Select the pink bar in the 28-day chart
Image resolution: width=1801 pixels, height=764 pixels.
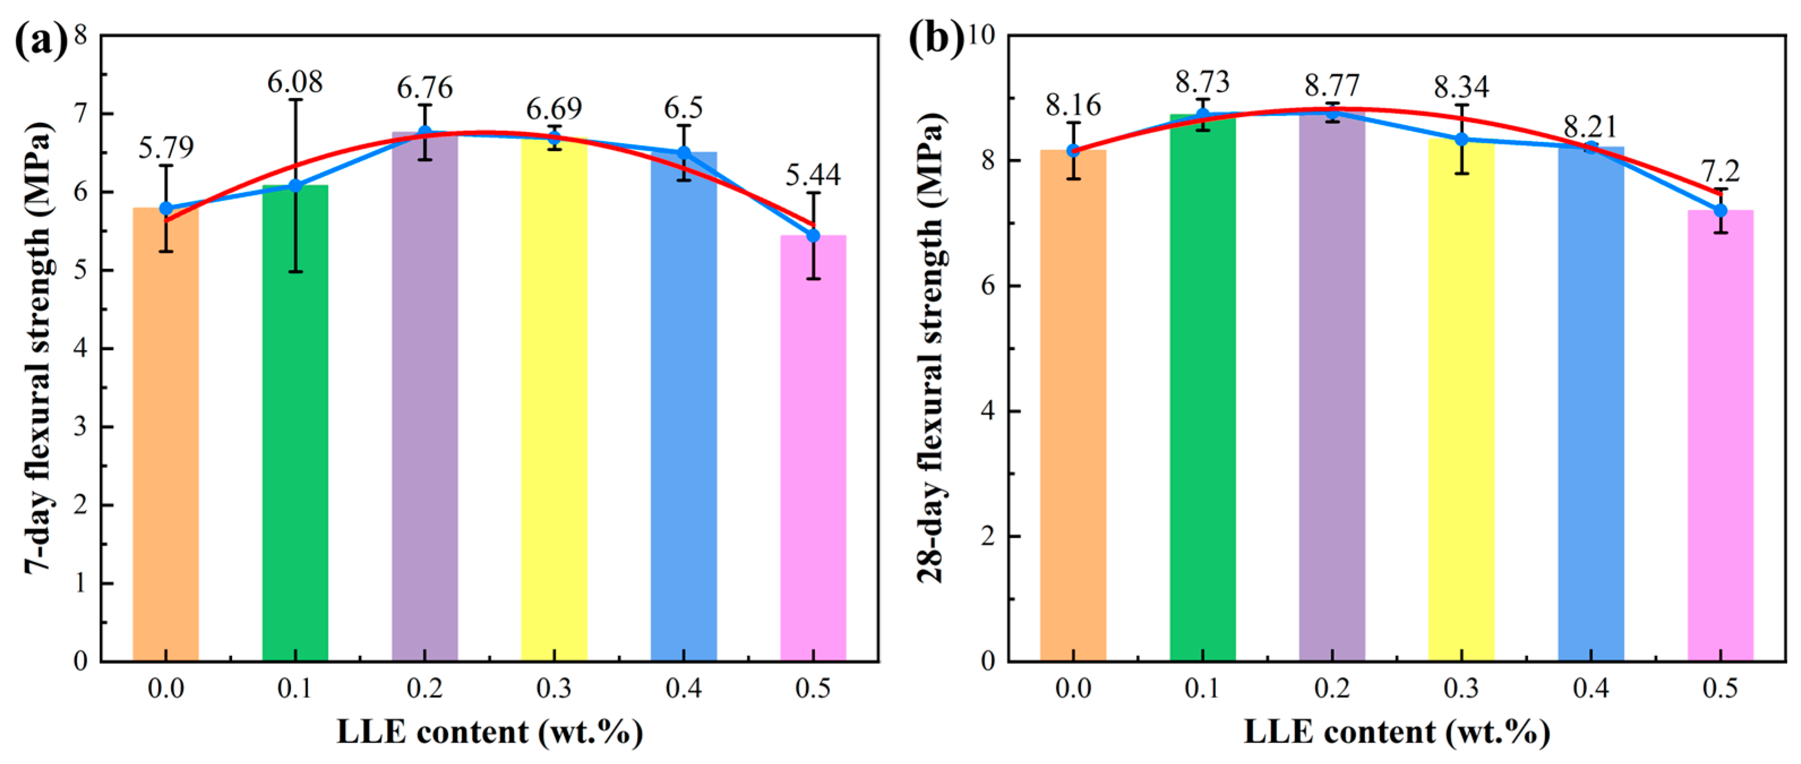[x=1720, y=447]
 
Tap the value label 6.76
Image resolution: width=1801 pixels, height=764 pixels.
[x=424, y=88]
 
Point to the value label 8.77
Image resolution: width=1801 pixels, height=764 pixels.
[x=1332, y=86]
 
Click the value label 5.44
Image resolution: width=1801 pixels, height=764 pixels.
[x=813, y=175]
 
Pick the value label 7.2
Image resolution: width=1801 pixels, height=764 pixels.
[x=1721, y=171]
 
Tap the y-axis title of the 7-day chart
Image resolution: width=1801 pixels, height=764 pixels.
[x=38, y=349]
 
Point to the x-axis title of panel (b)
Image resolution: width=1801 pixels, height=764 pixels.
[x=1396, y=732]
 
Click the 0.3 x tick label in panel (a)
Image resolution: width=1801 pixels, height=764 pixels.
[x=554, y=689]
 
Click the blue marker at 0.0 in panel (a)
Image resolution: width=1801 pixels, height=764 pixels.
[x=166, y=208]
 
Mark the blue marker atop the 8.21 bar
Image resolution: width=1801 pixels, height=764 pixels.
[x=1591, y=148]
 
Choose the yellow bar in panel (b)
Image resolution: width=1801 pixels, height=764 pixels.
[x=1461, y=420]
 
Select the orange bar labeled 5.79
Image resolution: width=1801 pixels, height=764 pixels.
[x=166, y=454]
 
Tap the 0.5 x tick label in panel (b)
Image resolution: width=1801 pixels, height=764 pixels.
[x=1720, y=689]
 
